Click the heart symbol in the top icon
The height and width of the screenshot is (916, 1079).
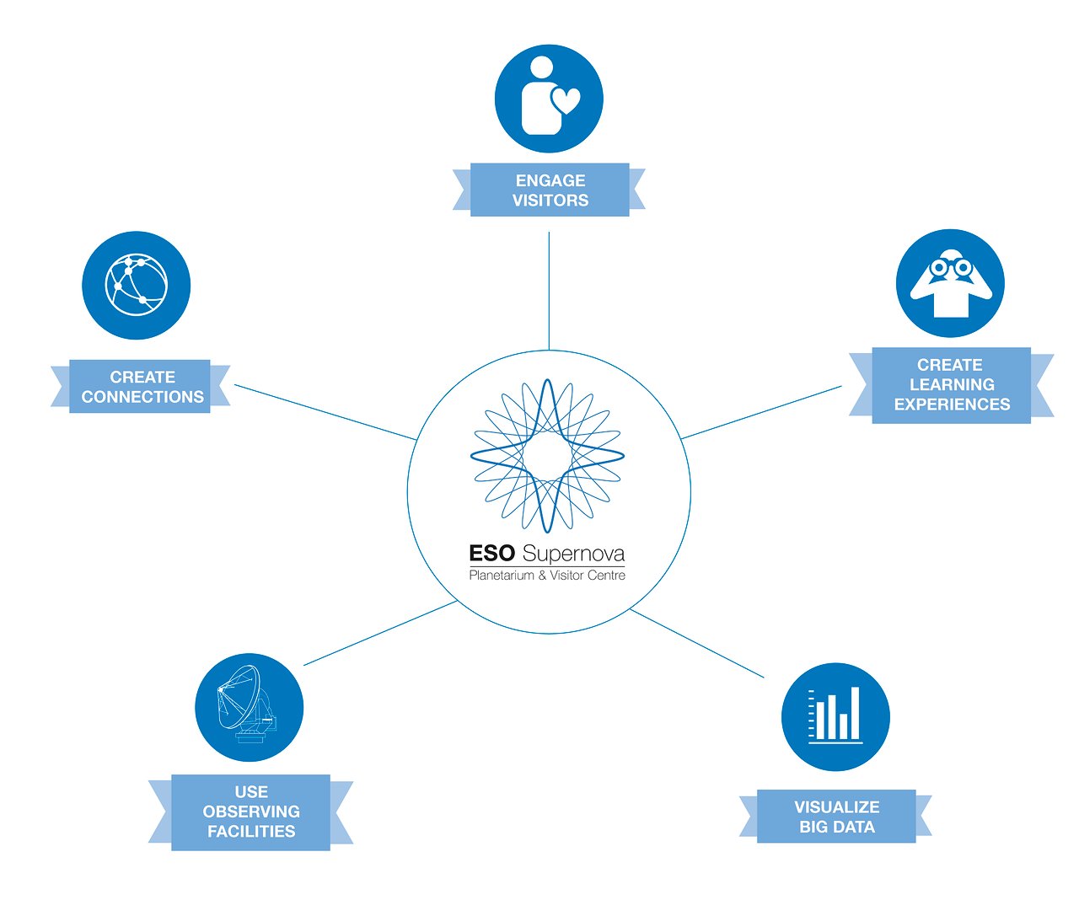(566, 101)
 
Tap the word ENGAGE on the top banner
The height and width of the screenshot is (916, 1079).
(550, 180)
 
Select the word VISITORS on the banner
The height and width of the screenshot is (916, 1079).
(550, 201)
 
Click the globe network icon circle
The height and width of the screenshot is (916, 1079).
(136, 286)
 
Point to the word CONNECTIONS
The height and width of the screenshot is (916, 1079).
(142, 397)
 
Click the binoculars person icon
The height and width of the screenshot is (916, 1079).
(950, 284)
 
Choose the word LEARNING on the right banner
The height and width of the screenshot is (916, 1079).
(951, 384)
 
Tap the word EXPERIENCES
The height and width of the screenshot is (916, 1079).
(951, 404)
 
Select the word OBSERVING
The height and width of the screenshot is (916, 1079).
(251, 812)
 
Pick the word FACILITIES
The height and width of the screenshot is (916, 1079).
(251, 832)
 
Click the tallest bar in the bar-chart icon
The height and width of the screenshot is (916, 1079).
(855, 713)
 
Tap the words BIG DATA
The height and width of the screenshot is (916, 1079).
(836, 828)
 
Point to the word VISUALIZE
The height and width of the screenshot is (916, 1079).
(836, 807)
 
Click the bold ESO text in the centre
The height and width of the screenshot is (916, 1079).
(491, 554)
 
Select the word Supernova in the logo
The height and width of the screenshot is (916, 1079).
(573, 554)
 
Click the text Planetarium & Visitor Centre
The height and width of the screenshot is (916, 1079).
(547, 576)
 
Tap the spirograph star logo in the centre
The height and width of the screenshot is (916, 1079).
(548, 455)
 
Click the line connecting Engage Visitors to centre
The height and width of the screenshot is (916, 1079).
(549, 291)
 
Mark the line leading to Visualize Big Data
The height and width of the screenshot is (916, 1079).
(697, 643)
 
